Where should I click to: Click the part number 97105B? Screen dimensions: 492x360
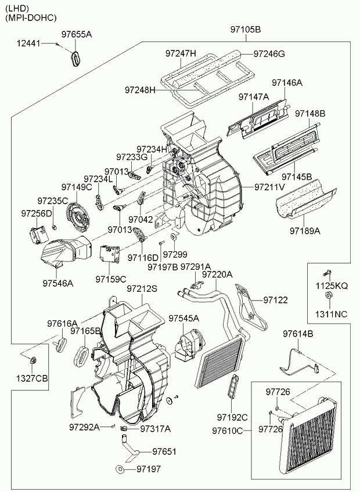coord(246,30)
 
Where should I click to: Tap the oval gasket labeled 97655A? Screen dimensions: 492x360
coord(74,58)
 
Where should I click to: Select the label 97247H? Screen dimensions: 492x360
coord(181,54)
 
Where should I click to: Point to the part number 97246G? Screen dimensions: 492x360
coord(269,54)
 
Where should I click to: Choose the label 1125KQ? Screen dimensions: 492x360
coord(332,286)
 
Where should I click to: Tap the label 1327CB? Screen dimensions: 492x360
coord(33,379)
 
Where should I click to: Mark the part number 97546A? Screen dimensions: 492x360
coord(57,284)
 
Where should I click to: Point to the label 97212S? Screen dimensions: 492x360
coord(142,288)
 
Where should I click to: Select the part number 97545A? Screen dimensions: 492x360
coord(184,319)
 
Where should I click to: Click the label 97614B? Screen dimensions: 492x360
coord(298,334)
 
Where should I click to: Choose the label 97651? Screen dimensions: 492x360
coord(164,451)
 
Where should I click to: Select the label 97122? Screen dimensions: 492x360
coord(275,300)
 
